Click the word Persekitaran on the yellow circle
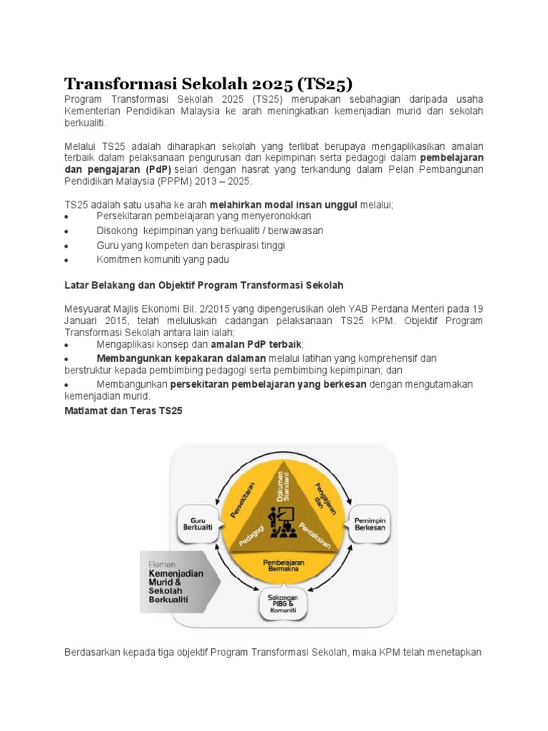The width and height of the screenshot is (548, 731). (246, 495)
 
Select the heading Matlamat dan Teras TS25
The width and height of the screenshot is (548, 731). (124, 411)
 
